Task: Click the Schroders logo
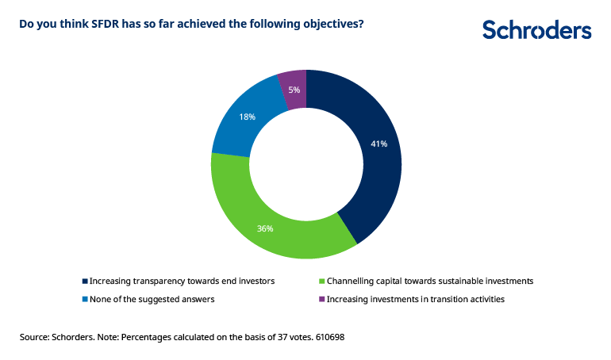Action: (536, 30)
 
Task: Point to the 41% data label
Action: (379, 144)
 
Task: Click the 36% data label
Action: (265, 228)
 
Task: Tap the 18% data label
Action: (247, 117)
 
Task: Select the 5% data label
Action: (294, 90)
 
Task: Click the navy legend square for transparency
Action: (85, 281)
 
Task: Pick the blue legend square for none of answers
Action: (85, 299)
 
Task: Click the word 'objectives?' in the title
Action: (336, 24)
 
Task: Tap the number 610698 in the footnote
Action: (329, 337)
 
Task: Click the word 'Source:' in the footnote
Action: (37, 337)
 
